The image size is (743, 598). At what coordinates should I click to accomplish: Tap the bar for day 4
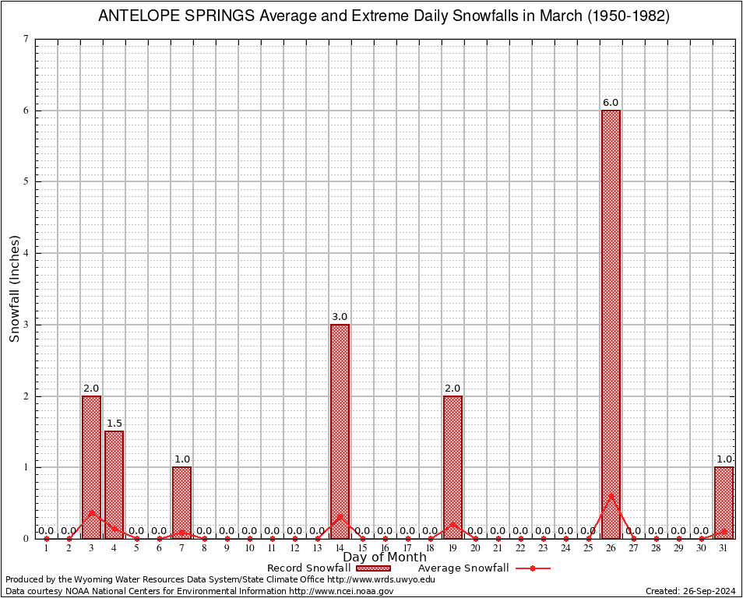(114, 484)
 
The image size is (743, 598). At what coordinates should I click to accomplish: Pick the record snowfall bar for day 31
(724, 502)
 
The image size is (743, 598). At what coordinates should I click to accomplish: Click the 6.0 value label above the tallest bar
(611, 103)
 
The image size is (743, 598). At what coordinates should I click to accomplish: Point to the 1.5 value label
(114, 424)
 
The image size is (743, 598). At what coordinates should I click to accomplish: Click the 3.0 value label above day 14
(340, 317)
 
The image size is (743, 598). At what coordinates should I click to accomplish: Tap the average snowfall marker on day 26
(611, 495)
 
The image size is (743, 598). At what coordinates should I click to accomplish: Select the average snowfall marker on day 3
(91, 512)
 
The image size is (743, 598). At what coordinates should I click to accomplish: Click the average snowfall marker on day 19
(452, 524)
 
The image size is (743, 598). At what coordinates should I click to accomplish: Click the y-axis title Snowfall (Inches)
(14, 288)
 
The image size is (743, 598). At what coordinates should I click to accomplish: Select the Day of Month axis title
(385, 558)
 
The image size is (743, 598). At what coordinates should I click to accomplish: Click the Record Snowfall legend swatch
(373, 568)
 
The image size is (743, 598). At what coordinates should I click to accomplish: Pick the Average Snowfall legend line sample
(533, 568)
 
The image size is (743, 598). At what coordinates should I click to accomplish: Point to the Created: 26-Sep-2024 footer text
(691, 591)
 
